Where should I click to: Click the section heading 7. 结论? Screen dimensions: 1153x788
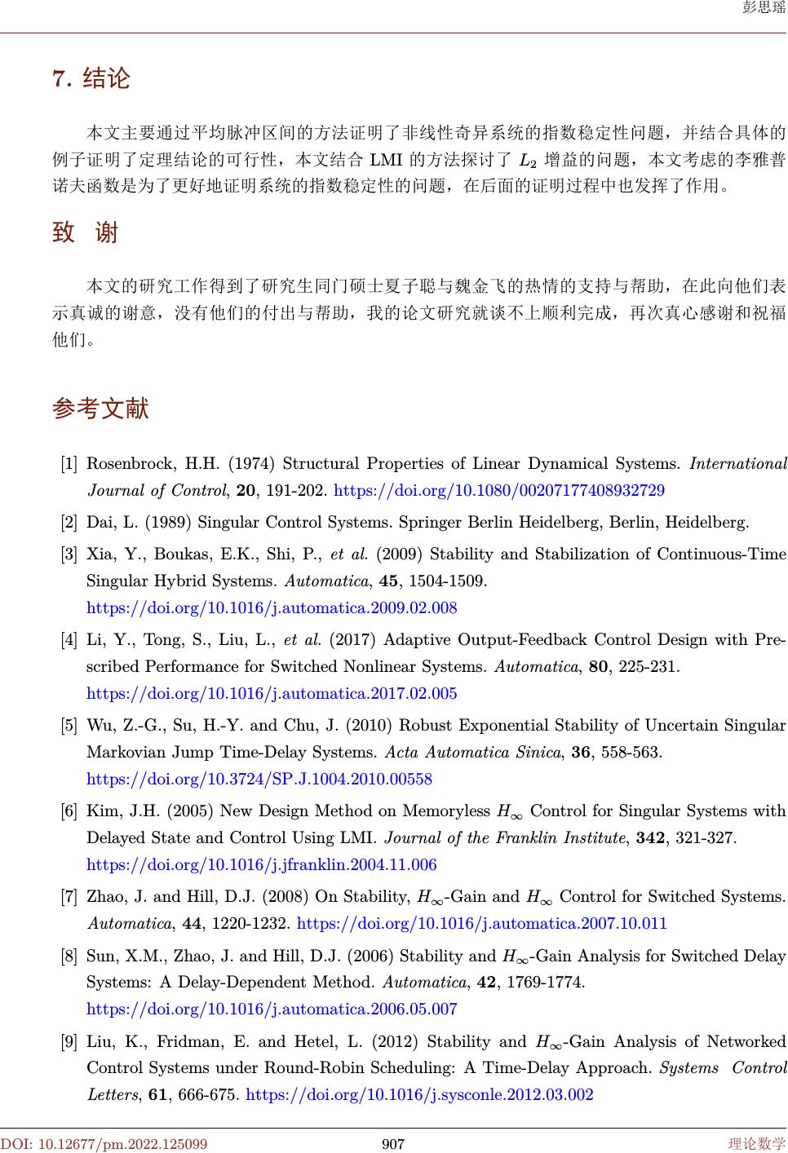pyautogui.click(x=91, y=79)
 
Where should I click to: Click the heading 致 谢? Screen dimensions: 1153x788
pyautogui.click(x=86, y=233)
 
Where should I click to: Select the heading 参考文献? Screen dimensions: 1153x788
pyautogui.click(x=100, y=408)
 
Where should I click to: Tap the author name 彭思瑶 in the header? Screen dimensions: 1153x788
pyautogui.click(x=764, y=9)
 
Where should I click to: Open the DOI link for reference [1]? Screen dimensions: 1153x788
pyautogui.click(x=499, y=491)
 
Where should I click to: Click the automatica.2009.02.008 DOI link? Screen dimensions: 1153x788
pyautogui.click(x=272, y=608)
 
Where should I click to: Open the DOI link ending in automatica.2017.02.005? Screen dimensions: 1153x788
pyautogui.click(x=272, y=694)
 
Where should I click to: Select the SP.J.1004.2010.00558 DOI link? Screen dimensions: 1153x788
pyautogui.click(x=259, y=780)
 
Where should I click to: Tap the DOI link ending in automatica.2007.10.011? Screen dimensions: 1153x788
pyautogui.click(x=482, y=924)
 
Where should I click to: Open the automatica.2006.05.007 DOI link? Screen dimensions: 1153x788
pyautogui.click(x=272, y=1009)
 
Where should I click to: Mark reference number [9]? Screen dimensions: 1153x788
pyautogui.click(x=70, y=1042)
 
